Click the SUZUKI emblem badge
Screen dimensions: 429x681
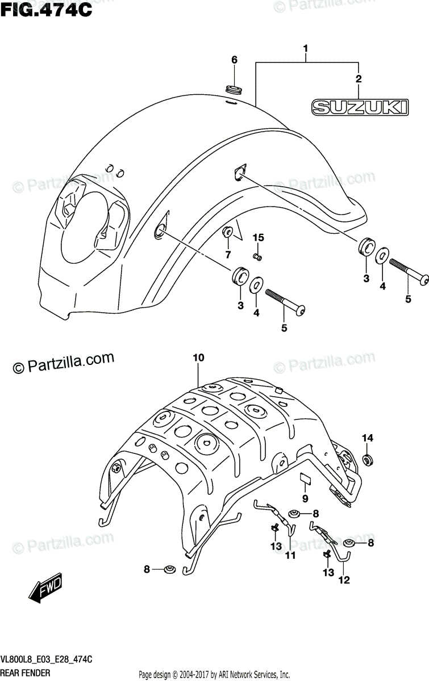361,106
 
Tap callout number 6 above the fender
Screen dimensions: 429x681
234,60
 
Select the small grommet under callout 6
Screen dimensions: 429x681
234,89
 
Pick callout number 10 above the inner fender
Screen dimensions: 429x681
198,358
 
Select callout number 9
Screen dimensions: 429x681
305,499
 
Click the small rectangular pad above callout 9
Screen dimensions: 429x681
306,478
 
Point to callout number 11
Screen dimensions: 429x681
290,556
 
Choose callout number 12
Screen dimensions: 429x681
344,579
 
